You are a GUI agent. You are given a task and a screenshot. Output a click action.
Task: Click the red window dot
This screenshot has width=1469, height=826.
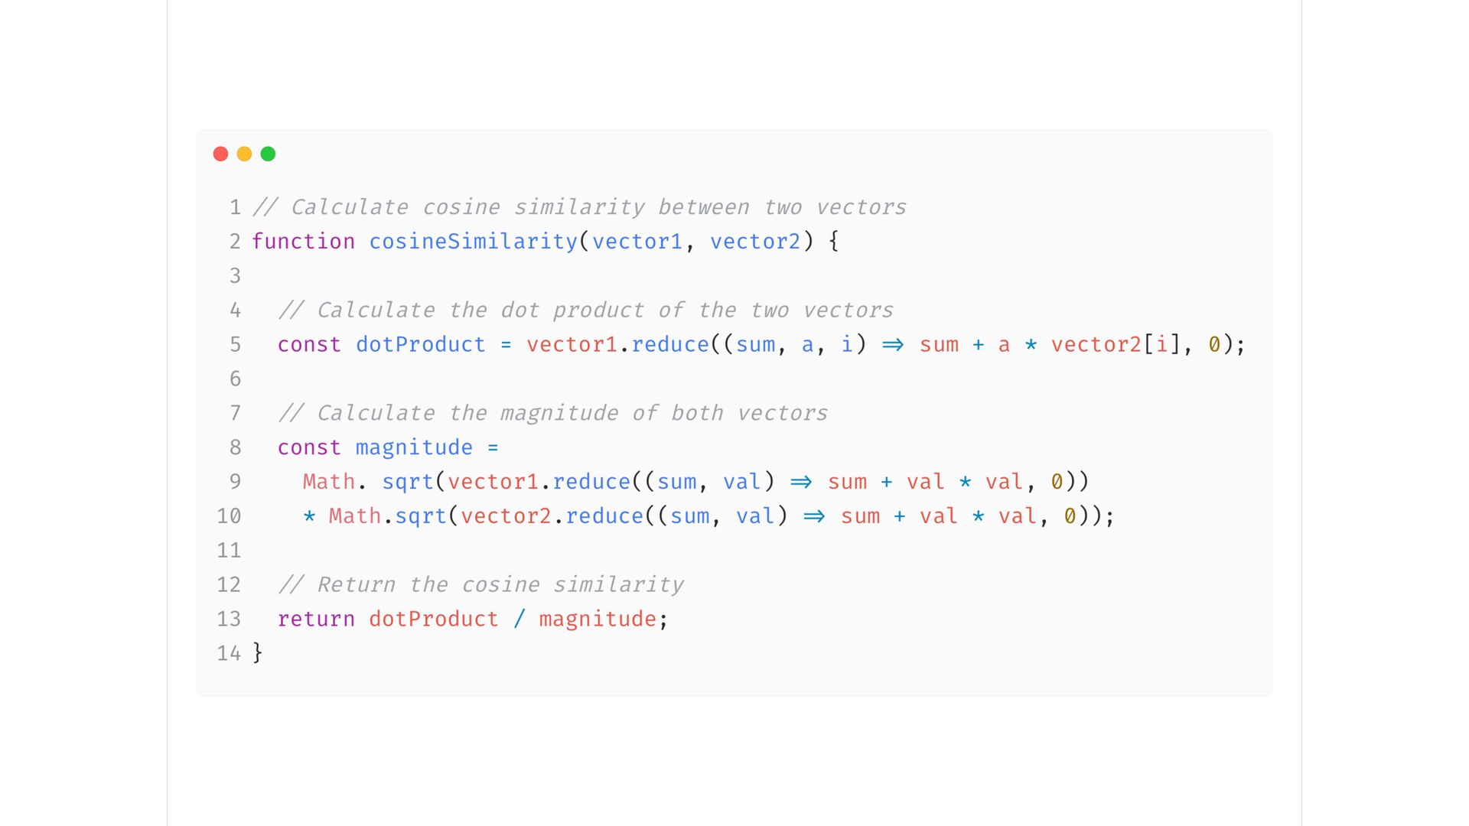pos(220,154)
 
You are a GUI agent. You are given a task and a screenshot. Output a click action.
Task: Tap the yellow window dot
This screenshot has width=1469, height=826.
pos(244,154)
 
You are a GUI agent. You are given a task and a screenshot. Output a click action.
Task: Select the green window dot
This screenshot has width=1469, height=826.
pos(268,154)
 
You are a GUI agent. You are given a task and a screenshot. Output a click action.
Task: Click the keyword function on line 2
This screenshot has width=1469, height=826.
pos(303,242)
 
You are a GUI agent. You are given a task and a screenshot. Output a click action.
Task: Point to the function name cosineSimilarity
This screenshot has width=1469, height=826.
pos(473,242)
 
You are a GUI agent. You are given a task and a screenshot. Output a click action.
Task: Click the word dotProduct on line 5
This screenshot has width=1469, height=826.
pos(420,345)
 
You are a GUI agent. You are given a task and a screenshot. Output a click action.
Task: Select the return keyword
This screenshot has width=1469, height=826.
pos(316,619)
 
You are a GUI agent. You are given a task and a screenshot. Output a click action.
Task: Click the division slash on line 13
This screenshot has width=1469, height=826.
pos(520,619)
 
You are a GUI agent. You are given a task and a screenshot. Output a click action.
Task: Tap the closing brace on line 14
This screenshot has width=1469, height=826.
pos(258,653)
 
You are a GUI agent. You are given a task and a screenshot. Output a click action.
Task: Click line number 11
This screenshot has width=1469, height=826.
pos(229,551)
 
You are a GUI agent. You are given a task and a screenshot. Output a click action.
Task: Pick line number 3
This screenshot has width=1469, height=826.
pos(235,276)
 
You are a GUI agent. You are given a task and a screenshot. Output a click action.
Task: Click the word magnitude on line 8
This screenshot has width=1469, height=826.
pos(414,447)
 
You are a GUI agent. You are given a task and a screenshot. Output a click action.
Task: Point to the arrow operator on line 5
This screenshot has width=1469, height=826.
pos(893,345)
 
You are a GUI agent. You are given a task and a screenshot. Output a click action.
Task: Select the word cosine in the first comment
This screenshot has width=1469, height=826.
pos(461,207)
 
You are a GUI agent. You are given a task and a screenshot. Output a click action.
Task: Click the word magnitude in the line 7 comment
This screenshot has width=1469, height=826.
pos(559,413)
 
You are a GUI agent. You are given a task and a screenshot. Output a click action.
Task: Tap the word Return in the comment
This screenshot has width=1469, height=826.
pos(356,585)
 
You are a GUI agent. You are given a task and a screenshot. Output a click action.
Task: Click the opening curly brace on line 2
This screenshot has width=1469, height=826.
pos(834,242)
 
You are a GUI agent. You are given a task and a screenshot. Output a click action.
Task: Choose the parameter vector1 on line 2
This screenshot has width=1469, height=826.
pos(637,242)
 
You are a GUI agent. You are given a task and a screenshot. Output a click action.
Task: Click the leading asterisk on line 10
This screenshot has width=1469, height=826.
pos(309,516)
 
